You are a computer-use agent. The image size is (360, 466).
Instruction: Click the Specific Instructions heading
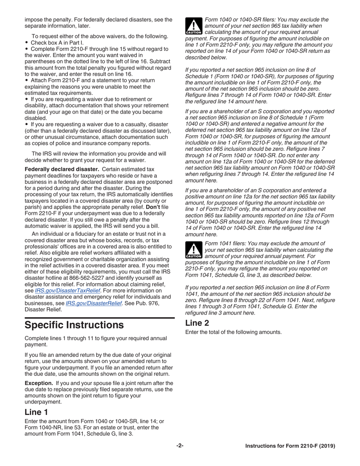point(74,325)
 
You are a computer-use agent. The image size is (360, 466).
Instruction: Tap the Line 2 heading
point(197,323)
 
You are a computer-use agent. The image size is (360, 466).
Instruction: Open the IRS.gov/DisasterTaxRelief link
point(67,291)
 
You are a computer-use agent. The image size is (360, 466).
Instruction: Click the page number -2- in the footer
point(180,446)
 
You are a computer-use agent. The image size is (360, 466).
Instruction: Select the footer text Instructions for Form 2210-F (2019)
point(290,446)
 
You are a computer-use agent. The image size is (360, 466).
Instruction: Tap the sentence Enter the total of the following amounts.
point(233,332)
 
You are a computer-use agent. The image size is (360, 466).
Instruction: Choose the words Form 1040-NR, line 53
point(51,427)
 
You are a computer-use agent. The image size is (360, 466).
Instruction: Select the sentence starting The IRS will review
point(99,154)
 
